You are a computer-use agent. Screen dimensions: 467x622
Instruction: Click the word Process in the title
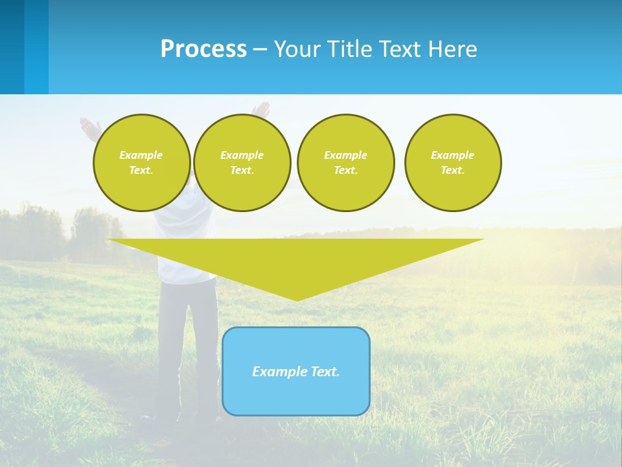(x=203, y=49)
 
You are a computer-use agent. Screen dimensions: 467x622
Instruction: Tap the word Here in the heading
(x=454, y=49)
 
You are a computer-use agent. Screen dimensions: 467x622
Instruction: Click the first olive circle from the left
(x=141, y=163)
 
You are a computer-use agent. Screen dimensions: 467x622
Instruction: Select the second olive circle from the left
(x=242, y=163)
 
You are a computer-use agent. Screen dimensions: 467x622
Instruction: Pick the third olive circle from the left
(x=345, y=163)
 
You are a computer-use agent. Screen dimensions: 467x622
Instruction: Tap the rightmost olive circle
(x=453, y=163)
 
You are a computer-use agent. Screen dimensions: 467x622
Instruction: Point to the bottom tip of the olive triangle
(x=297, y=299)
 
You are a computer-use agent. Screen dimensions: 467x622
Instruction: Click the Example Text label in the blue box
(x=296, y=372)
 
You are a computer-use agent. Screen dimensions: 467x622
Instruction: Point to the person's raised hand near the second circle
(x=262, y=108)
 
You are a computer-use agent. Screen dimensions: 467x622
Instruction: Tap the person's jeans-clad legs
(x=187, y=344)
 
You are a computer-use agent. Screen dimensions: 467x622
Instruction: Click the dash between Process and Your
(x=260, y=49)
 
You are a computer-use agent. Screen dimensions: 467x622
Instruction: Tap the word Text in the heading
(x=398, y=49)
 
